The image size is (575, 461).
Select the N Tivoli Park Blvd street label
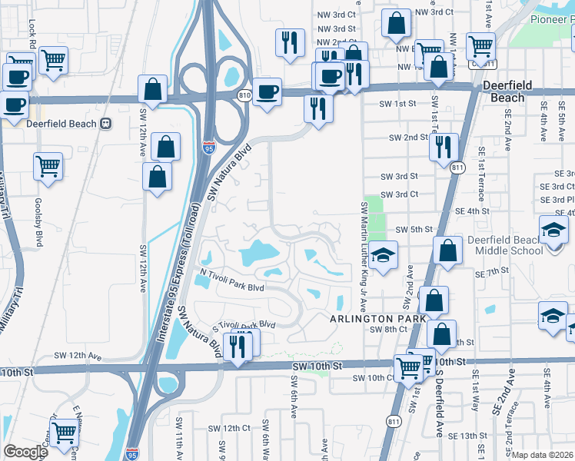(x=231, y=280)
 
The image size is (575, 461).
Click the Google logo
(x=25, y=452)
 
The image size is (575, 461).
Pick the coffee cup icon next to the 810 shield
(x=267, y=91)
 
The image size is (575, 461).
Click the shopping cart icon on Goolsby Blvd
(x=48, y=165)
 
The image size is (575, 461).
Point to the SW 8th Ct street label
(x=387, y=329)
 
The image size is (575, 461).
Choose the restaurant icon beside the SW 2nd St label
(x=444, y=147)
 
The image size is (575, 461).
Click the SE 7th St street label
(x=492, y=273)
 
